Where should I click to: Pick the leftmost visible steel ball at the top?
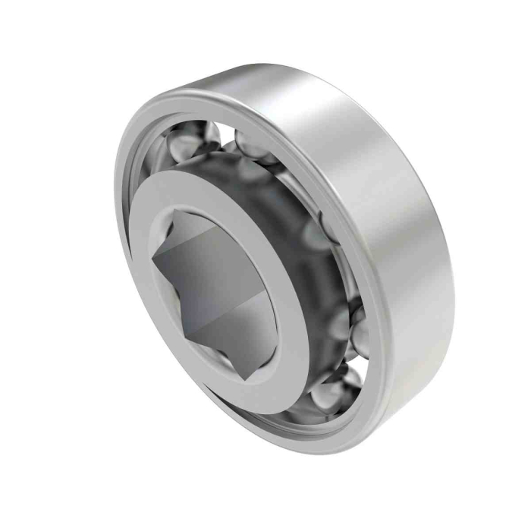(x=194, y=140)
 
